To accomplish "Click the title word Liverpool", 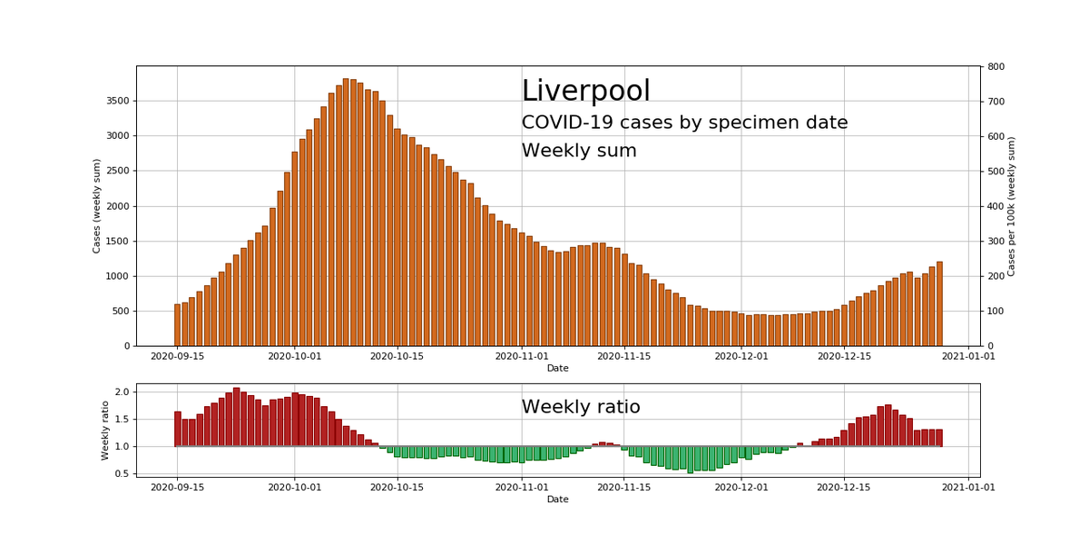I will point(585,92).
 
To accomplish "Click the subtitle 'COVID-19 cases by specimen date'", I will point(684,123).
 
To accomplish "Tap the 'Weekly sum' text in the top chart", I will point(579,151).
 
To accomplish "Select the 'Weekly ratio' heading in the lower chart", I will point(581,407).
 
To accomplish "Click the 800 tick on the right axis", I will point(996,66).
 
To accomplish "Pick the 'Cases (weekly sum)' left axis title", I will point(97,205).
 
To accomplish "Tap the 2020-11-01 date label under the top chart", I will point(521,357).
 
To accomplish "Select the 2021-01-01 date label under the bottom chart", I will point(967,487).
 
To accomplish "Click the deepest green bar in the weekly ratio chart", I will point(690,460).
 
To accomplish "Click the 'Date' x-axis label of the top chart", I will point(557,368).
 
